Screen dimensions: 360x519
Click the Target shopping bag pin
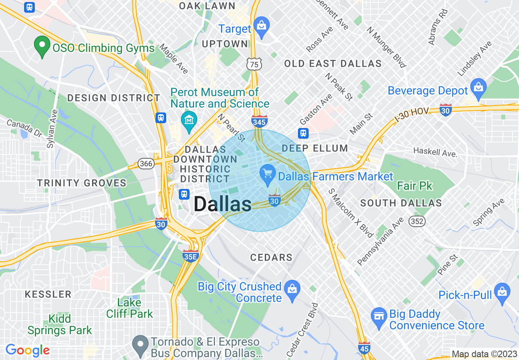pyautogui.click(x=261, y=26)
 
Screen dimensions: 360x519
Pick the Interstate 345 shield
pyautogui.click(x=259, y=121)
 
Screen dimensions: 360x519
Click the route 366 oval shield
pyautogui.click(x=146, y=164)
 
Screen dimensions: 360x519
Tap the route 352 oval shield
pyautogui.click(x=417, y=221)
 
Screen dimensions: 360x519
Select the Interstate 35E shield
pyautogui.click(x=190, y=256)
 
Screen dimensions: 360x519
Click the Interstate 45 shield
pyautogui.click(x=363, y=347)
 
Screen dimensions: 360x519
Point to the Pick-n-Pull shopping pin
pyautogui.click(x=502, y=292)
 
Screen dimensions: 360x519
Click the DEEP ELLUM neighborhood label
pyautogui.click(x=315, y=148)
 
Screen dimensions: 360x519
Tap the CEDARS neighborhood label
pyautogui.click(x=271, y=257)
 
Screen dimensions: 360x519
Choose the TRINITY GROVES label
pyautogui.click(x=82, y=183)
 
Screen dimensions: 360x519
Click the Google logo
pyautogui.click(x=27, y=350)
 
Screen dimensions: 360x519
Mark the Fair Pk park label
pyautogui.click(x=415, y=186)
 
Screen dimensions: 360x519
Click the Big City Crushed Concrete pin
pyautogui.click(x=292, y=289)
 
